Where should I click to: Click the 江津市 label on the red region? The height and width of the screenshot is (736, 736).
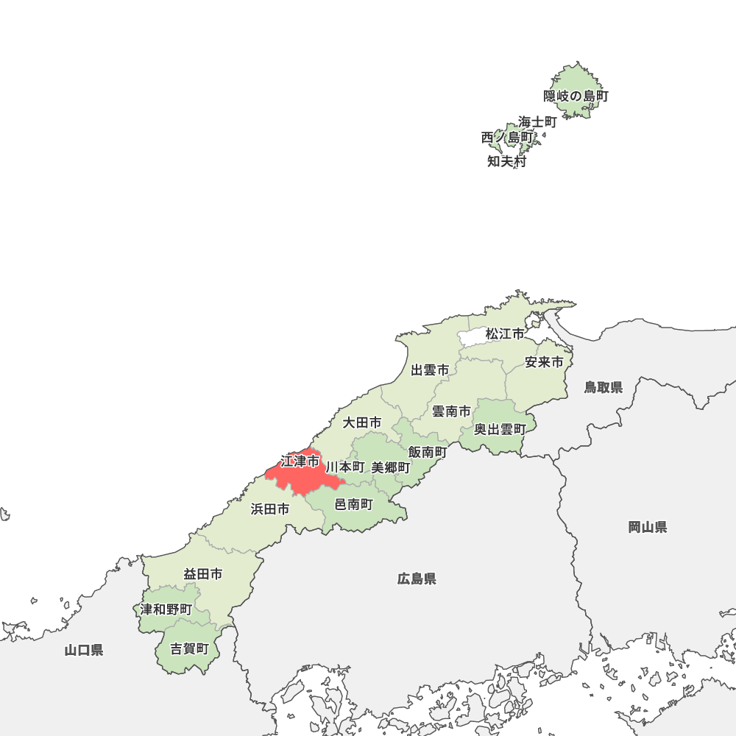[x=300, y=461]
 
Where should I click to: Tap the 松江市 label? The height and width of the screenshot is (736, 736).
[x=505, y=334]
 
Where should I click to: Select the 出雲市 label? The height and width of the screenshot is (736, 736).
[x=430, y=370]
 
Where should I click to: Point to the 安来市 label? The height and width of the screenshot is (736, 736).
[x=544, y=362]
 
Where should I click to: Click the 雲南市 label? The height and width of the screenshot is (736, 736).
[x=450, y=411]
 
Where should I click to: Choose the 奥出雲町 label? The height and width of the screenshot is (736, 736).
[x=500, y=429]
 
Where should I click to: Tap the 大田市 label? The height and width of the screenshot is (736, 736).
[x=362, y=422]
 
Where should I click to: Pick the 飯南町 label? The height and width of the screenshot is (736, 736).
[x=428, y=452]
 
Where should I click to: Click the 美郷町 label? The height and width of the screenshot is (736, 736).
[x=391, y=467]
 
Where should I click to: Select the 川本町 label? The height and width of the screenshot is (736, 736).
[x=345, y=467]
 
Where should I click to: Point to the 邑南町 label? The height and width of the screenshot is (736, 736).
[x=354, y=504]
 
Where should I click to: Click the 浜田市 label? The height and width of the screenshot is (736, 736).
[x=270, y=509]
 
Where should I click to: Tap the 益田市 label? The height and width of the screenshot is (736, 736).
[x=203, y=574]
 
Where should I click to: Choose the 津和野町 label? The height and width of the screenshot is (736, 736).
[x=166, y=609]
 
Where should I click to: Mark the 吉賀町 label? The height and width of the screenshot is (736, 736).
[x=190, y=649]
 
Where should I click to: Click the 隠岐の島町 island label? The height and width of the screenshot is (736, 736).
[x=576, y=96]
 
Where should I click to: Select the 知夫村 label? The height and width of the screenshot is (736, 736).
[x=507, y=162]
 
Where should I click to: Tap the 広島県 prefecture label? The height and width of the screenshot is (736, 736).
[x=417, y=579]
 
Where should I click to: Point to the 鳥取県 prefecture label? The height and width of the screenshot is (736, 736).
[x=604, y=387]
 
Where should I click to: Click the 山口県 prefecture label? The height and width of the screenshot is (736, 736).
[x=83, y=650]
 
